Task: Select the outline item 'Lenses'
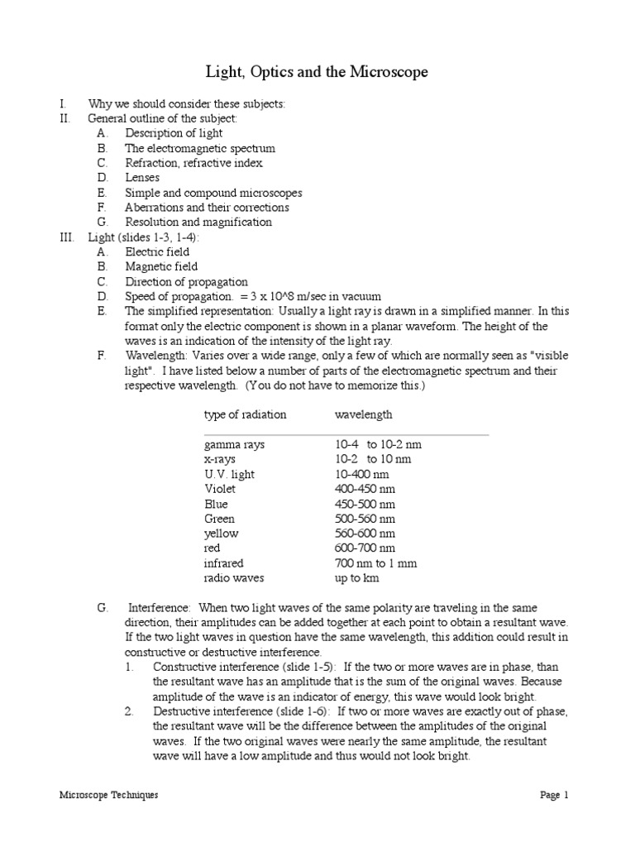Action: click(x=142, y=178)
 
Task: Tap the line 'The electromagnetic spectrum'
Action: click(x=200, y=148)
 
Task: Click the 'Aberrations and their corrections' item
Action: click(x=207, y=208)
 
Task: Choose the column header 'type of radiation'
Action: click(x=246, y=414)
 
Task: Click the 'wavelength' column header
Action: click(x=363, y=414)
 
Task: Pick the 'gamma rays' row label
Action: click(x=234, y=444)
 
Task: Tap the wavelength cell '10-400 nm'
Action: click(x=361, y=474)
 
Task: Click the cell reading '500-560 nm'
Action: click(x=365, y=519)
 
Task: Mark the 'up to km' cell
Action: click(x=356, y=578)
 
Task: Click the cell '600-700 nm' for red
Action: click(x=365, y=548)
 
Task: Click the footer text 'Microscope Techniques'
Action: click(x=108, y=795)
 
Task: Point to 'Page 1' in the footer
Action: click(x=555, y=795)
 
